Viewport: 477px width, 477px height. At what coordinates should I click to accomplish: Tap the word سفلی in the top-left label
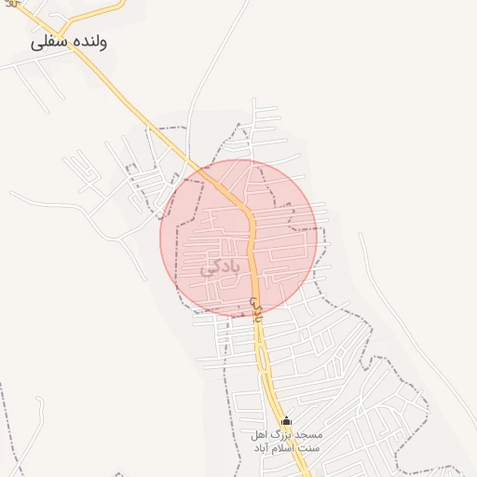50,42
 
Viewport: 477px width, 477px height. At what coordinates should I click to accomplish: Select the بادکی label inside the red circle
220,268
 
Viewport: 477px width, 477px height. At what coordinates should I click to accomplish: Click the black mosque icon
286,421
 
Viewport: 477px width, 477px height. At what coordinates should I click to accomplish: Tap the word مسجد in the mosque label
308,435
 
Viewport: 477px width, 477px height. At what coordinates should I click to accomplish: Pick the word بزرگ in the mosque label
283,435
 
